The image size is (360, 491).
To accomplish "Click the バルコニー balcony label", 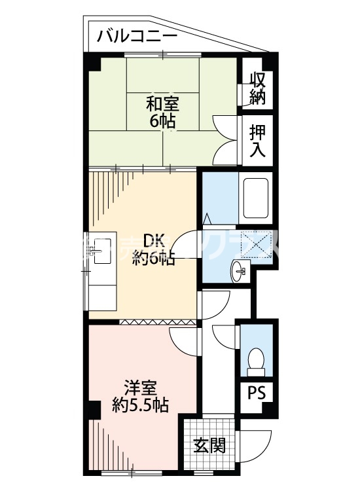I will pyautogui.click(x=137, y=36).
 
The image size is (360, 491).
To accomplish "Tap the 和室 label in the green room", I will pyautogui.click(x=162, y=103).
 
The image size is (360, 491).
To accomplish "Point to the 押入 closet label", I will pyautogui.click(x=257, y=140).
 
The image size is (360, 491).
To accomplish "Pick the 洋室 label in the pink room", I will pyautogui.click(x=140, y=388).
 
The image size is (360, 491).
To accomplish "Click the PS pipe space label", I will pyautogui.click(x=257, y=395).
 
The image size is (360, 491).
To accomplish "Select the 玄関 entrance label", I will pyautogui.click(x=209, y=446).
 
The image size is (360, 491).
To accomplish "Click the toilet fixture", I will pyautogui.click(x=257, y=359).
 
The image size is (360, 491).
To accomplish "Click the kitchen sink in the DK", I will pyautogui.click(x=102, y=249).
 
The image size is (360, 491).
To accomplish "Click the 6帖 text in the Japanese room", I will pyautogui.click(x=162, y=121).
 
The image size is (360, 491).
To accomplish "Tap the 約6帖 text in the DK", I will pyautogui.click(x=154, y=259).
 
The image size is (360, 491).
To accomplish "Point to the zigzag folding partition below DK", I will pyautogui.click(x=158, y=321).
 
